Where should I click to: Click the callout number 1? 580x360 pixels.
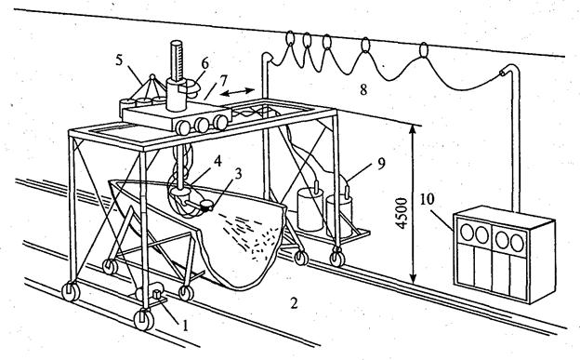185,326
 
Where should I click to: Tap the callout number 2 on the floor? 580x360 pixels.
294,303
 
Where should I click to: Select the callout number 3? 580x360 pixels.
239,173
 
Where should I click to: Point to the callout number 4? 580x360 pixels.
217,161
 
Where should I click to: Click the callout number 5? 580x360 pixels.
119,60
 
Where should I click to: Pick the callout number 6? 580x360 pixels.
204,63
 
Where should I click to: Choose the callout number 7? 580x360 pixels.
224,81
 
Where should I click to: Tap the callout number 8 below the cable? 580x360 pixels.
363,89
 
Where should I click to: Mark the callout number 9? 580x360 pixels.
381,164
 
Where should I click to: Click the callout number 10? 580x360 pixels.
427,199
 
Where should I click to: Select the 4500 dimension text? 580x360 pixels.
402,213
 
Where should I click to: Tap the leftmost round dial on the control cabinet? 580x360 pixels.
467,233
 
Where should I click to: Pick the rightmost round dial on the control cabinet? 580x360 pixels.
517,243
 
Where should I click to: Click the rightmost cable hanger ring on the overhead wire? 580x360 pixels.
424,49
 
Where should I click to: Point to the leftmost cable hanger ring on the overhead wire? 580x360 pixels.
290,38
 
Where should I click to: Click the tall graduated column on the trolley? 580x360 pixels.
177,61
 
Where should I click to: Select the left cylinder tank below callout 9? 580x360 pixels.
310,208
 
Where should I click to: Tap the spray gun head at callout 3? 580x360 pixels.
205,205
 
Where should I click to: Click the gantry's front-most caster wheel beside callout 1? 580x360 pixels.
143,319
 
